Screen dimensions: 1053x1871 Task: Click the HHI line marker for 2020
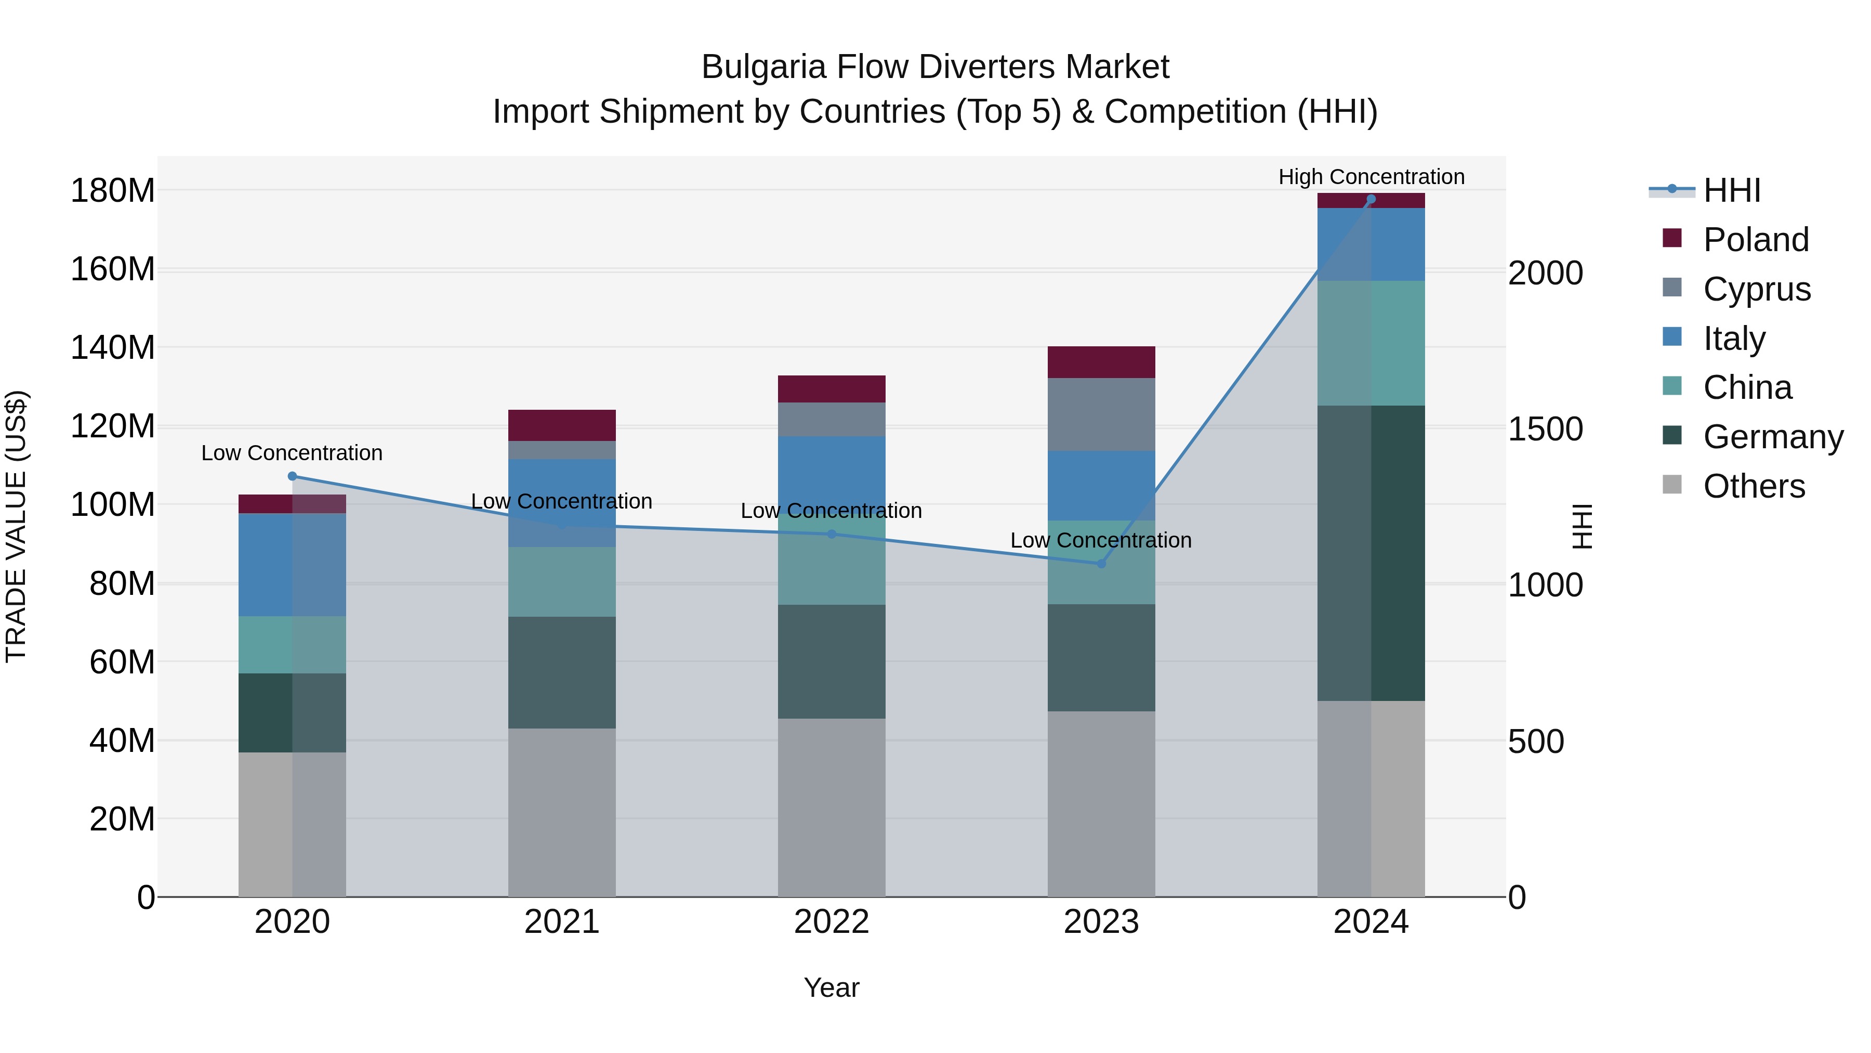click(x=292, y=476)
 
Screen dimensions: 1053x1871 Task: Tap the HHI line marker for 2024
click(x=1371, y=199)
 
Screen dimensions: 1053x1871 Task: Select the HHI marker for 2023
click(x=1101, y=563)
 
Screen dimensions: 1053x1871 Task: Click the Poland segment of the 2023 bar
click(x=1101, y=362)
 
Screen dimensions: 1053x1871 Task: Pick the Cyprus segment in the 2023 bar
click(x=1101, y=414)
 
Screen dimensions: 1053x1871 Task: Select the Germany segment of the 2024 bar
click(x=1371, y=552)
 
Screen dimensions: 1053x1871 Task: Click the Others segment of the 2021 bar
click(x=561, y=812)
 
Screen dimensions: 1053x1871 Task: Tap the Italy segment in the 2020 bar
click(x=292, y=565)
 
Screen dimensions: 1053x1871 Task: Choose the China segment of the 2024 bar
click(x=1371, y=343)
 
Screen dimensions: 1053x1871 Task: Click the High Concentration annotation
click(x=1371, y=177)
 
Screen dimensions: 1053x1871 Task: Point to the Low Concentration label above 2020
click(x=292, y=453)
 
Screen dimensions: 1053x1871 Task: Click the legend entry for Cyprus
click(x=1756, y=289)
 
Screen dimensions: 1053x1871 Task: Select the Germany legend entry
click(x=1772, y=437)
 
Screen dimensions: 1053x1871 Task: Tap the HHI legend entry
click(x=1732, y=190)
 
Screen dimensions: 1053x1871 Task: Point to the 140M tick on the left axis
click(x=113, y=347)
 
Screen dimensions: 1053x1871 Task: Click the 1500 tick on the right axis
click(x=1545, y=429)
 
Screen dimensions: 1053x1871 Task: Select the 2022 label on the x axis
click(x=831, y=922)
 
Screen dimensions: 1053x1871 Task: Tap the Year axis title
click(x=831, y=987)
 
